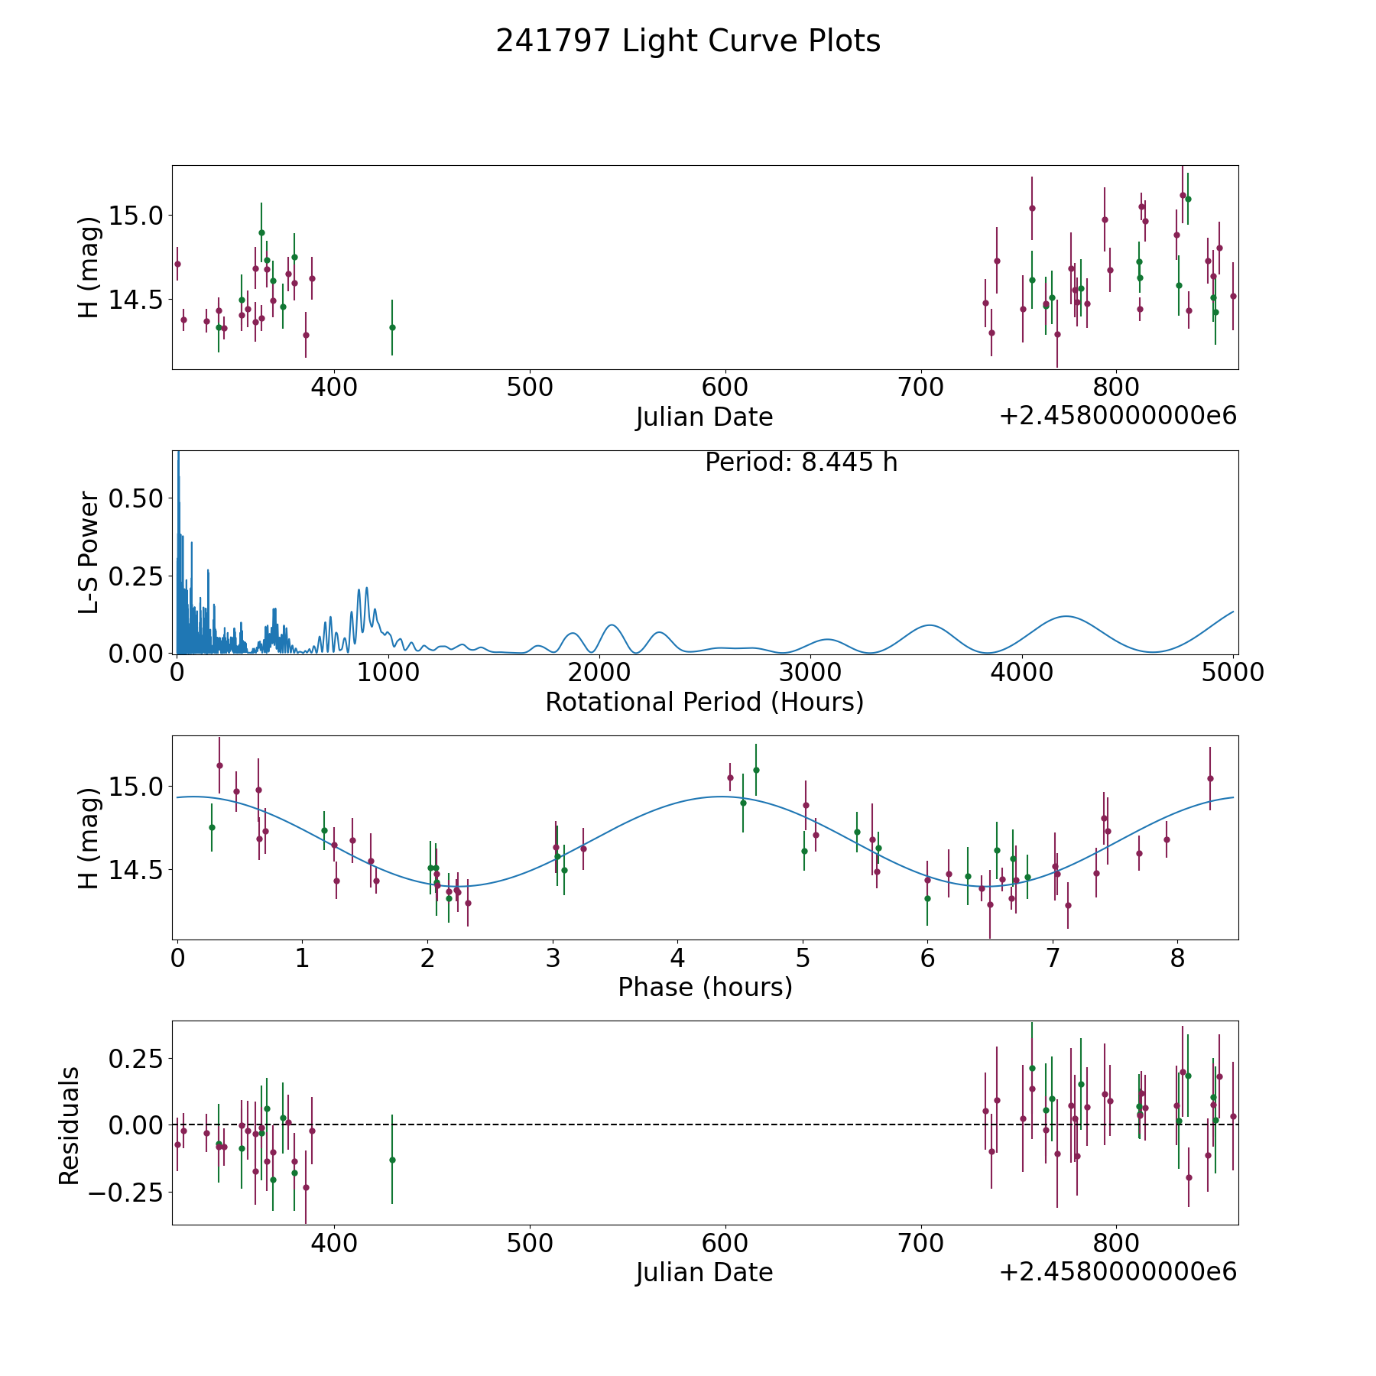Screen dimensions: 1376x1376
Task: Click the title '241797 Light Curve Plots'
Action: [x=688, y=41]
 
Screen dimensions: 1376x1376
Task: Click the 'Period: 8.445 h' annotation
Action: [x=801, y=462]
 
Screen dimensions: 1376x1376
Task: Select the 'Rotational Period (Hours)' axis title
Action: [x=704, y=702]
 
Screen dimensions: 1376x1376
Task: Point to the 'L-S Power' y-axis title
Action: [x=89, y=553]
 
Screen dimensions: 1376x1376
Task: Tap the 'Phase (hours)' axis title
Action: [x=705, y=987]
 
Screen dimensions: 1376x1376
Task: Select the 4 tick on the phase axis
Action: [x=677, y=958]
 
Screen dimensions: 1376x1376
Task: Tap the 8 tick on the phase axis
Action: [x=1178, y=958]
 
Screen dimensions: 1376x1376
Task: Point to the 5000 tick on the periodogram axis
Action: [x=1233, y=673]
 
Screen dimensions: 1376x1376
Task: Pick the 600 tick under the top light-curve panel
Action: [x=725, y=388]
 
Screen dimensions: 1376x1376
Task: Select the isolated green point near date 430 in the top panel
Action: [x=392, y=327]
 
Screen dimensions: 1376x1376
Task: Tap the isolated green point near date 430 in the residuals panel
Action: [x=392, y=1160]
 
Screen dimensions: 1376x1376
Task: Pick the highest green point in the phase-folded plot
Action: [x=756, y=770]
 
